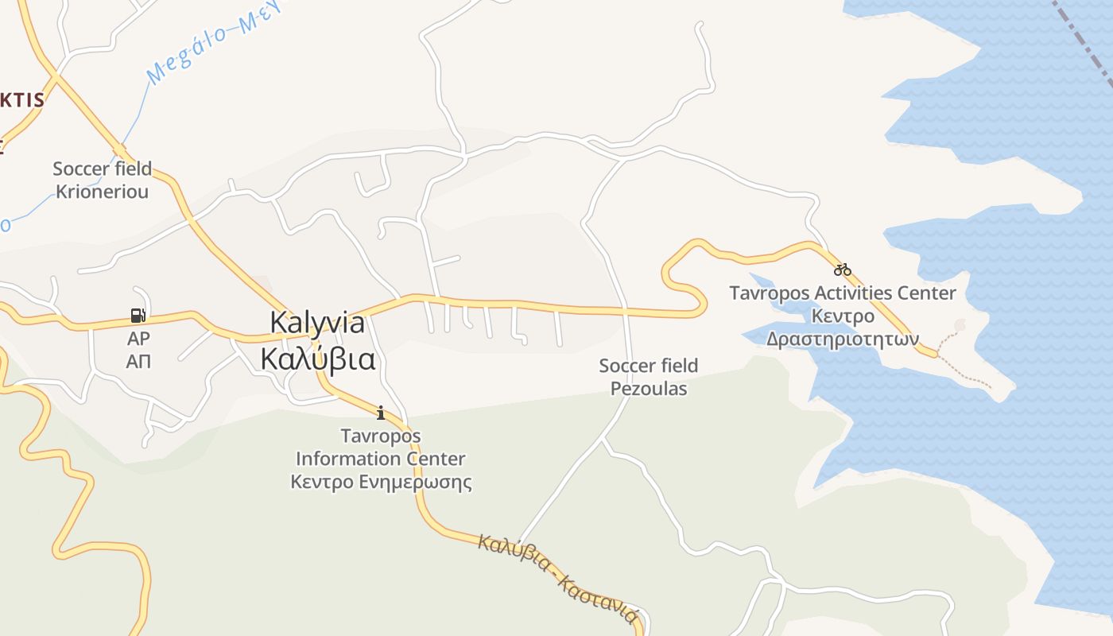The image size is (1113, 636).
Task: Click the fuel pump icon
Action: coord(138,316)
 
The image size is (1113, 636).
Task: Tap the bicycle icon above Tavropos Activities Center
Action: coord(843,270)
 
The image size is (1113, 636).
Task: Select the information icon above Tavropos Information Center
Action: coord(381,413)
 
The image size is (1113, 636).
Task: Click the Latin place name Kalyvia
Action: coord(317,323)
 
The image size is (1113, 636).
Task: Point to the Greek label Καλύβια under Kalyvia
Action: coord(317,359)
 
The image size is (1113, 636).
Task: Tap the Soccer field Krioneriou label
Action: coord(102,180)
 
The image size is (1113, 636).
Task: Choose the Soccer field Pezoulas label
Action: coord(648,378)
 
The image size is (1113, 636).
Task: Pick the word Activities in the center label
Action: coord(842,293)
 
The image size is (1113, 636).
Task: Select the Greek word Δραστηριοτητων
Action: coord(843,339)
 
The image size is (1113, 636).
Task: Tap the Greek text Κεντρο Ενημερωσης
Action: coord(381,483)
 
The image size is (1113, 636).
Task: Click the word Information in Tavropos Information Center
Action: coord(380,459)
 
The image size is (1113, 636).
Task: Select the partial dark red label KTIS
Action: coord(21,100)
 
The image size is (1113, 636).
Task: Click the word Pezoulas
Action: coord(648,390)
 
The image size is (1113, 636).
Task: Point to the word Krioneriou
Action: coord(102,192)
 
